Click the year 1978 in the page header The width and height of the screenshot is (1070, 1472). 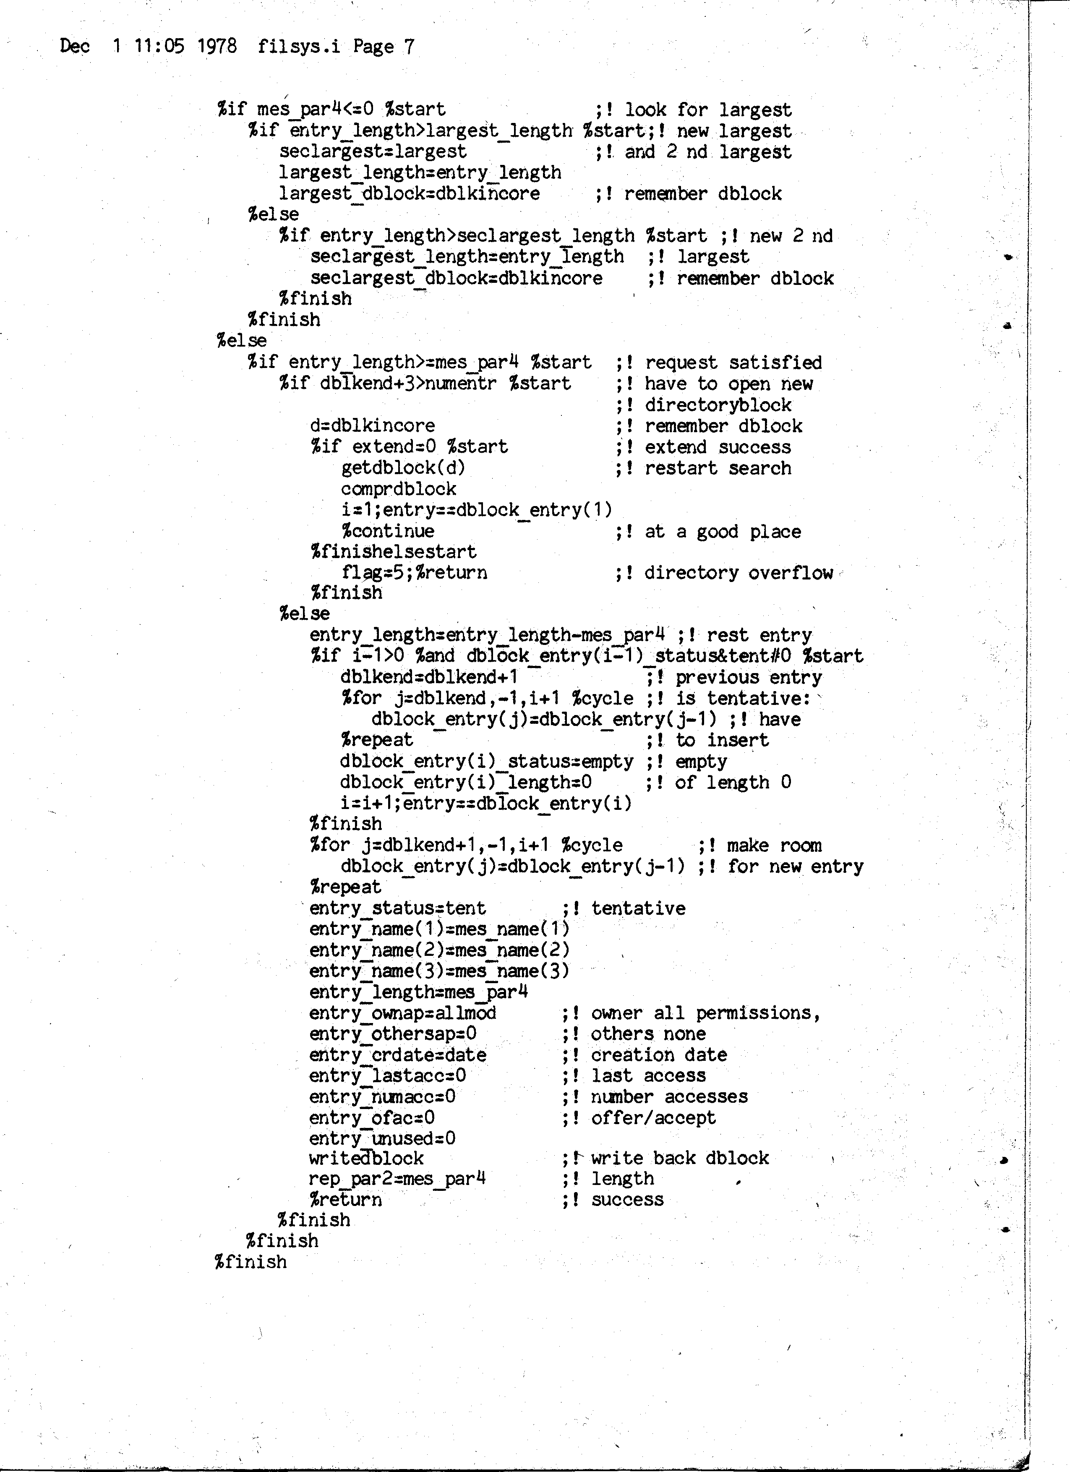click(217, 46)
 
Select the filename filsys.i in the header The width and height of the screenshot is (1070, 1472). click(298, 46)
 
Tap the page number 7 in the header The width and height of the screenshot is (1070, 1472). click(409, 46)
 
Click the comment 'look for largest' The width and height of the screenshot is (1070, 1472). click(708, 110)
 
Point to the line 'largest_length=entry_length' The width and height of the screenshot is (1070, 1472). click(420, 172)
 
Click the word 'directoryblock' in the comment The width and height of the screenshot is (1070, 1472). click(718, 405)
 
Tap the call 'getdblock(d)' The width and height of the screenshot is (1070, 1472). click(403, 468)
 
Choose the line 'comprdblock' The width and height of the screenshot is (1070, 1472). click(398, 489)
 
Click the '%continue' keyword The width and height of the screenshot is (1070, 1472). click(387, 531)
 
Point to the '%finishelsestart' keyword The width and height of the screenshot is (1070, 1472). click(393, 552)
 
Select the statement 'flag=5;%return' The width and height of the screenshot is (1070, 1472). click(414, 572)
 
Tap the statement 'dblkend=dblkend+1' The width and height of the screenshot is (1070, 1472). click(429, 677)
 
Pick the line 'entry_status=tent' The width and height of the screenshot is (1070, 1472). click(397, 908)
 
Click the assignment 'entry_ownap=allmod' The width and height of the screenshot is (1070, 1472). click(402, 1013)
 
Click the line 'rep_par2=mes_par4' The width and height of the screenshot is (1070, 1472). click(397, 1179)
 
